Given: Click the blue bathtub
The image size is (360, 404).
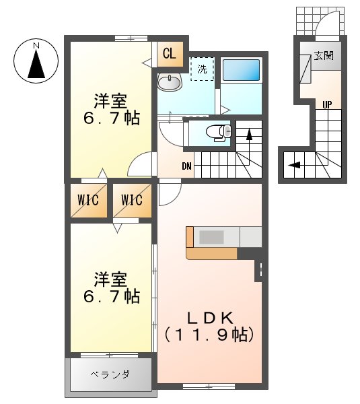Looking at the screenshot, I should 241,70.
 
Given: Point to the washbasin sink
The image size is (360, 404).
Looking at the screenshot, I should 169,83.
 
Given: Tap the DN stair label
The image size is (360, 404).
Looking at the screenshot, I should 187,166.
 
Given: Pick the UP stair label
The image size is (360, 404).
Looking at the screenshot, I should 327,104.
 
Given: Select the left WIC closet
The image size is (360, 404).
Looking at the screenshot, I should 88,200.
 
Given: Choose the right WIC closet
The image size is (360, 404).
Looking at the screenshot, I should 132,200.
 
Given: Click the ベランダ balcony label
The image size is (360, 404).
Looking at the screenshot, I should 110,374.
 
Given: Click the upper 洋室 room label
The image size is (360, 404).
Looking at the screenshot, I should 110,102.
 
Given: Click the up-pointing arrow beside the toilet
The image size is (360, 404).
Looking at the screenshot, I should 249,135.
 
